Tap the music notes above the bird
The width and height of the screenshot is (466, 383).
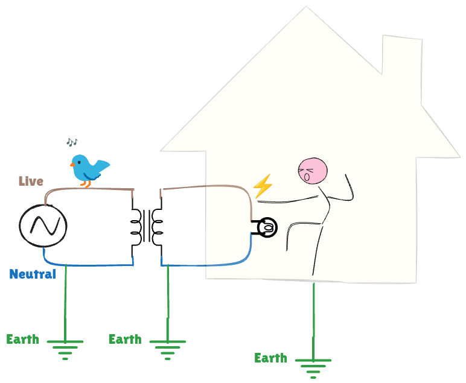pos(72,142)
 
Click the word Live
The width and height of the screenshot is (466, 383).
pos(31,181)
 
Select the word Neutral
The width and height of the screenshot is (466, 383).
pos(33,274)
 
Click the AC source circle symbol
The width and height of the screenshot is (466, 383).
pos(42,226)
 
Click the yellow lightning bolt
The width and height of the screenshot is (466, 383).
pos(263,186)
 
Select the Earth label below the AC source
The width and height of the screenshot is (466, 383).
pos(22,339)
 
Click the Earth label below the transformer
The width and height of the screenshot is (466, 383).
pos(125,339)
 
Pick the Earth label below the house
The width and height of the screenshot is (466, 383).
pos(270,358)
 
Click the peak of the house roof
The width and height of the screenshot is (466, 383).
pos(306,8)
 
